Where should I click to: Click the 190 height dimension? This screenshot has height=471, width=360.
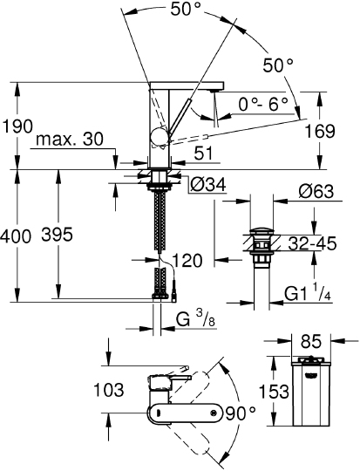click(x=17, y=126)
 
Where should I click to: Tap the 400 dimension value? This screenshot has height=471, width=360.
click(x=17, y=235)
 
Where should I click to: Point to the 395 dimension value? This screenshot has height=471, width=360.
click(x=80, y=235)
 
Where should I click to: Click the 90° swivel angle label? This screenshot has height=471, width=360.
click(x=240, y=411)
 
